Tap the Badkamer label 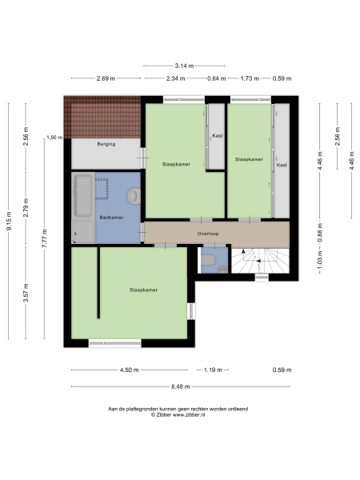click(110, 217)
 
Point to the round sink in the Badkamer click(134, 196)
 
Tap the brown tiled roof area click(102, 118)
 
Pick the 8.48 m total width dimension click(180, 387)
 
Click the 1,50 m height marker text click(54, 138)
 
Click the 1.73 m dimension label click(250, 78)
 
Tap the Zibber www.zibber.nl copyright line click(178, 414)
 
